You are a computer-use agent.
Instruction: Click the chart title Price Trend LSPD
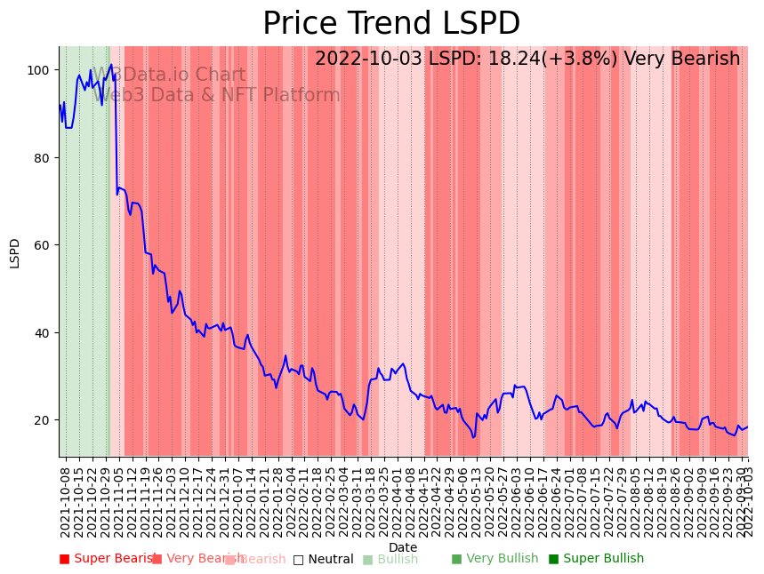click(x=391, y=24)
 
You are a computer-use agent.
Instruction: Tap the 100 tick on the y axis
click(x=39, y=70)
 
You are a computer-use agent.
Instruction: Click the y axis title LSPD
click(x=15, y=252)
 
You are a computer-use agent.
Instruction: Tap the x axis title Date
click(x=403, y=547)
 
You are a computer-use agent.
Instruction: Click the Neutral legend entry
click(x=324, y=560)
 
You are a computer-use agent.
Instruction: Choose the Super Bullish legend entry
click(x=596, y=559)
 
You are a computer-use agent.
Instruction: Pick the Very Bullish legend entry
click(x=495, y=559)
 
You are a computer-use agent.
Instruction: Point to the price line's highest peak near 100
click(x=111, y=65)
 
